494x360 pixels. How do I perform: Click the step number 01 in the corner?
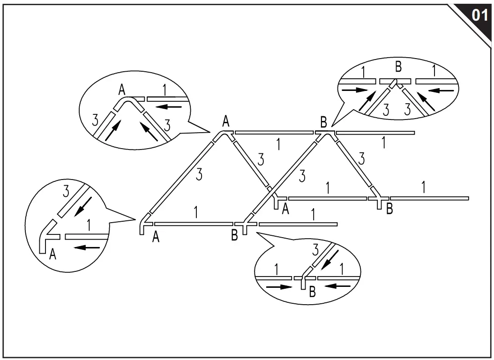[479, 15]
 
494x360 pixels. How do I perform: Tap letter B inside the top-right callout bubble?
[398, 67]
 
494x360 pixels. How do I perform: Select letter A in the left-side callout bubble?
[53, 254]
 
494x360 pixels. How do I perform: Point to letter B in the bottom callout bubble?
[312, 292]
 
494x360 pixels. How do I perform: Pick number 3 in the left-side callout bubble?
[66, 191]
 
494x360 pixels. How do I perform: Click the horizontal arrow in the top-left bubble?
[168, 107]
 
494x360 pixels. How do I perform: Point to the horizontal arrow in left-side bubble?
[87, 247]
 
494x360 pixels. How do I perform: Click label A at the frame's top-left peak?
[226, 122]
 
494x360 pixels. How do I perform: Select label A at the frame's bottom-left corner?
[156, 238]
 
